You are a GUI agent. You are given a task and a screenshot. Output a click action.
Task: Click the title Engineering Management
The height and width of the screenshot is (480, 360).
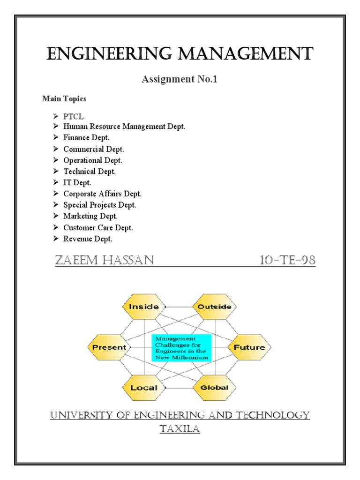[180, 53]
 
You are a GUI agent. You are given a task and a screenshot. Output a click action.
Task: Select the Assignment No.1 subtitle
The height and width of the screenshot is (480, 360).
[180, 79]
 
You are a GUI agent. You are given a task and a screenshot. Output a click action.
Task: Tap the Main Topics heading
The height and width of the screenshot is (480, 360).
[64, 99]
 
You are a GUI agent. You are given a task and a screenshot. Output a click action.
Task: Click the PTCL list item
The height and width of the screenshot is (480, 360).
[74, 116]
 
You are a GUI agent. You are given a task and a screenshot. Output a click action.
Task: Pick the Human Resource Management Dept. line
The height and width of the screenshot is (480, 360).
[124, 127]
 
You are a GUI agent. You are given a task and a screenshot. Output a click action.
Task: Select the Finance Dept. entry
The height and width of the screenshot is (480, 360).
[86, 138]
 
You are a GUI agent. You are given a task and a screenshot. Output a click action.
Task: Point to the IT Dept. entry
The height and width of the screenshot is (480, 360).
[77, 182]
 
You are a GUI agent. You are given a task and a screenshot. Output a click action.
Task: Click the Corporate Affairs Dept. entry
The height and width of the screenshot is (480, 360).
[102, 194]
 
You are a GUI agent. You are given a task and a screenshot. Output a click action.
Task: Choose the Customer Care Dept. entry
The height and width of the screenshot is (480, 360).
[98, 227]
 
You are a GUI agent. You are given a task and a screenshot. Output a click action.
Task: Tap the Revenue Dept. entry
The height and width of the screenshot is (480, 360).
[88, 239]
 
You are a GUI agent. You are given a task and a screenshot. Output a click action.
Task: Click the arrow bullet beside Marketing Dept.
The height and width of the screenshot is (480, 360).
[55, 216]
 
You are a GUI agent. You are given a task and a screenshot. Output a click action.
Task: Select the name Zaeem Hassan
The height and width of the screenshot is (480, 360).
[104, 260]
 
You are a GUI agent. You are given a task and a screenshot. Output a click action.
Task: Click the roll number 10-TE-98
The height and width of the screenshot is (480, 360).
[287, 260]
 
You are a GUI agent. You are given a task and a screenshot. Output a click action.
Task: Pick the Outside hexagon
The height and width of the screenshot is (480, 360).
[215, 307]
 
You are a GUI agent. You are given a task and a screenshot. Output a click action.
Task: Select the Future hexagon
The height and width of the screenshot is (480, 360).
[249, 347]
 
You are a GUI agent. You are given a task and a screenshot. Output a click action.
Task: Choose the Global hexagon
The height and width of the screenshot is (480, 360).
[215, 388]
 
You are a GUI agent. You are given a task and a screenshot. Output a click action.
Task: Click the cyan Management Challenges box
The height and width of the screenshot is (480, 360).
[181, 347]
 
